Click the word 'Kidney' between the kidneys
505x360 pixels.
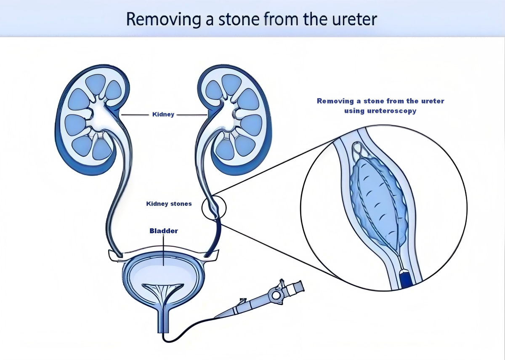pyautogui.click(x=163, y=115)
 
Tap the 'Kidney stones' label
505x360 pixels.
pyautogui.click(x=169, y=204)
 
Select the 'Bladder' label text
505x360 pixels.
pyautogui.click(x=164, y=231)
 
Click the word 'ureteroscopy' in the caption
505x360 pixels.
pyautogui.click(x=392, y=111)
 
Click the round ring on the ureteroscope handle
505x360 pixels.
pyautogui.click(x=276, y=295)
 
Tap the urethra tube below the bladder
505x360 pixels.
pyautogui.click(x=163, y=320)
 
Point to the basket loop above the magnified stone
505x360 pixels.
pyautogui.click(x=359, y=149)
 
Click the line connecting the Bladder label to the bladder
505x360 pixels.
pyautogui.click(x=163, y=250)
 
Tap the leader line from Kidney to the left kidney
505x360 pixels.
pyautogui.click(x=135, y=115)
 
